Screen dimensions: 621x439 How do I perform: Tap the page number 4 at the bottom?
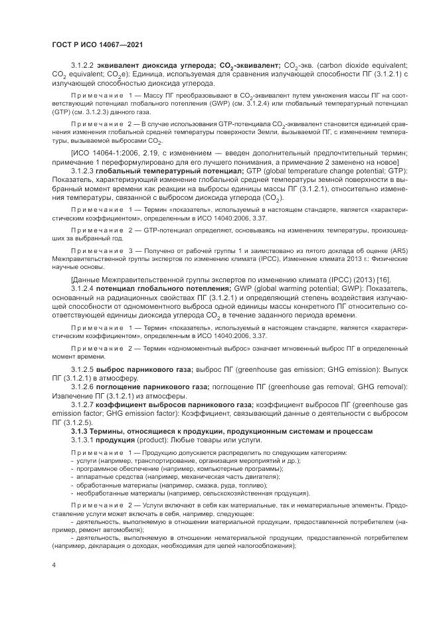(x=54, y=565)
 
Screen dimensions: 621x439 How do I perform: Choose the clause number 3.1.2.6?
(x=83, y=387)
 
